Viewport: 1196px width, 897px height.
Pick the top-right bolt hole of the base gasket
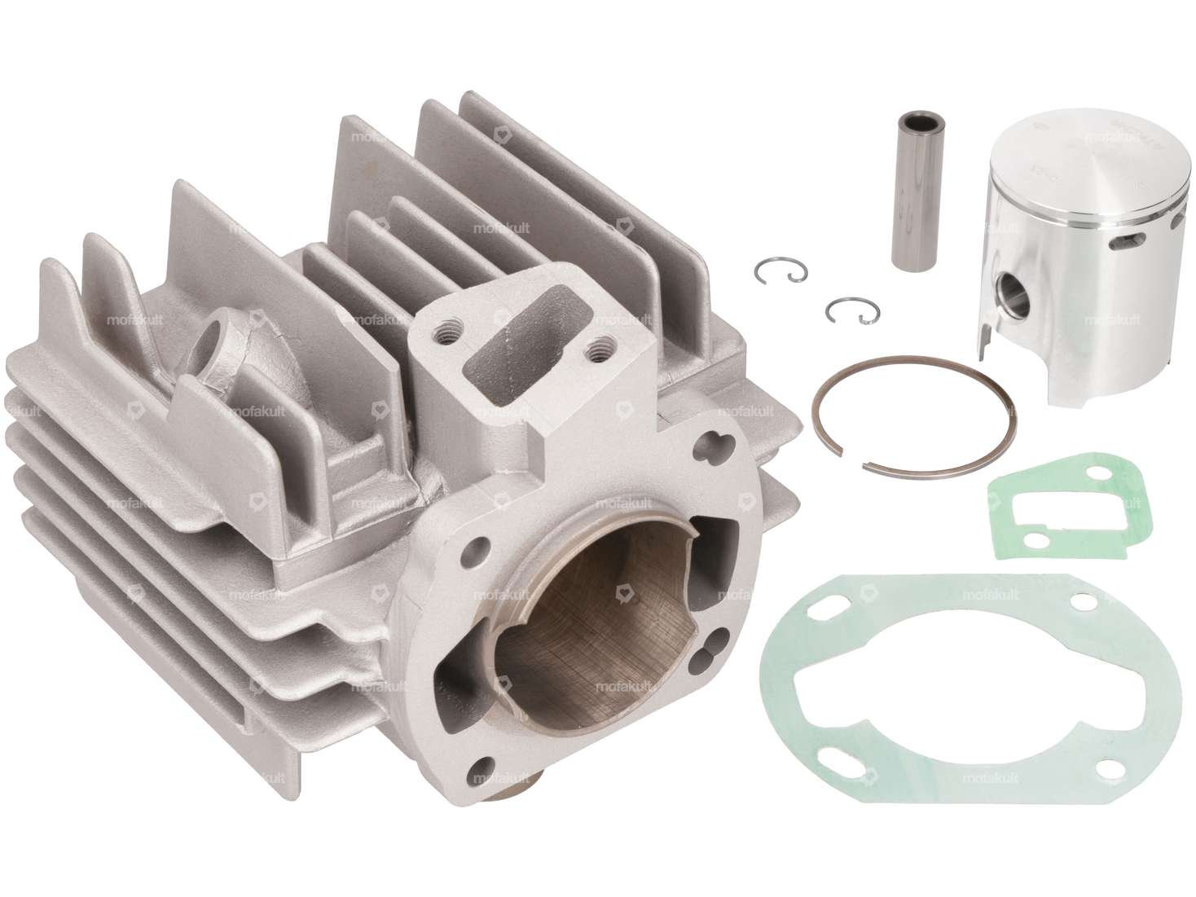(1083, 602)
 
